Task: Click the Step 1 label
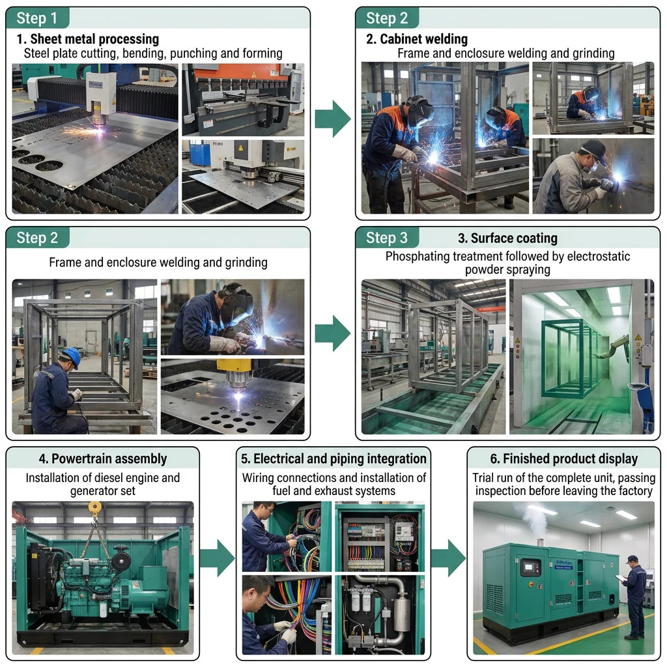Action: point(36,18)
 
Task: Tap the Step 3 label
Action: point(387,238)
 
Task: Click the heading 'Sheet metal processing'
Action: point(94,39)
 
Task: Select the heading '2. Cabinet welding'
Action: point(417,39)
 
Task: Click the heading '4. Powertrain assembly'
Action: point(103,459)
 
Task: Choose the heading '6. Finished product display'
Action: point(563,459)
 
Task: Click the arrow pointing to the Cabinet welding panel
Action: point(333,119)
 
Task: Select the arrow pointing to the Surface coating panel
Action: point(333,333)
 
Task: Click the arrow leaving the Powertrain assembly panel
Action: point(217,558)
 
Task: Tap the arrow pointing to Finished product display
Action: point(448,558)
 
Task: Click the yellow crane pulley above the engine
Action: point(94,507)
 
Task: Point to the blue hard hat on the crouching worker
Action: point(72,357)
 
